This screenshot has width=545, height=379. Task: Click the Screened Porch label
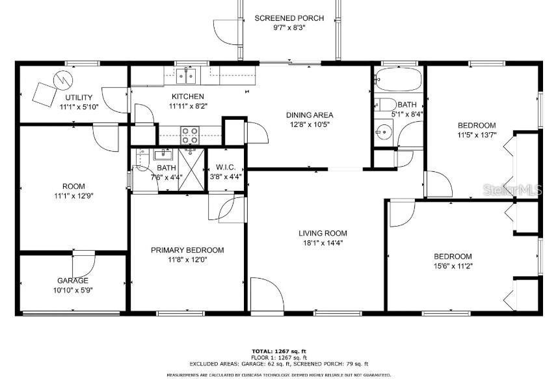point(280,18)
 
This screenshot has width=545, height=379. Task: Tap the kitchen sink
point(187,77)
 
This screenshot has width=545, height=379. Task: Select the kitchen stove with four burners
point(189,135)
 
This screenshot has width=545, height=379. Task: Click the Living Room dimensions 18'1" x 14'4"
point(323,243)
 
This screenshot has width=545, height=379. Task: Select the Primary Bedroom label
point(187,250)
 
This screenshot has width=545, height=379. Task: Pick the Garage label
point(72,281)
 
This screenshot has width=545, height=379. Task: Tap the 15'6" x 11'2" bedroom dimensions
point(453,266)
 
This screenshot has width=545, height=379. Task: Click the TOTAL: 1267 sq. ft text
point(278,351)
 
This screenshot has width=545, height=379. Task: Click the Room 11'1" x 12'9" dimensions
point(73,195)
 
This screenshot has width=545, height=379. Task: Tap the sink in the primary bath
point(161,155)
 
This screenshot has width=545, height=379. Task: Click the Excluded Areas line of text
point(278,364)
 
